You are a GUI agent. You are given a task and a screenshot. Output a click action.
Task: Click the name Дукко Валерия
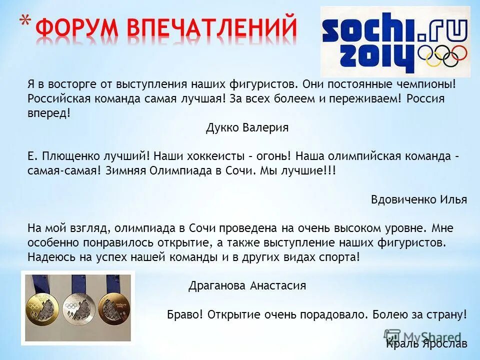click(247, 127)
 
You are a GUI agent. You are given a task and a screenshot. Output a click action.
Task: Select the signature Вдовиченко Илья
click(418, 199)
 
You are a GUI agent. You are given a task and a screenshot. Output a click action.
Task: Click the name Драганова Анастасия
click(247, 286)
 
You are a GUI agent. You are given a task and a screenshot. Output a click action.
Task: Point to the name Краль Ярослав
click(426, 344)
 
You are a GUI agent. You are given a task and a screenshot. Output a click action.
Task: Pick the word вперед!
click(49, 113)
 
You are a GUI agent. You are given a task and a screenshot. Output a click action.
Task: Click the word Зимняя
click(126, 170)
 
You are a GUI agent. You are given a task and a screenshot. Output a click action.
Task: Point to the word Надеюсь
click(49, 257)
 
